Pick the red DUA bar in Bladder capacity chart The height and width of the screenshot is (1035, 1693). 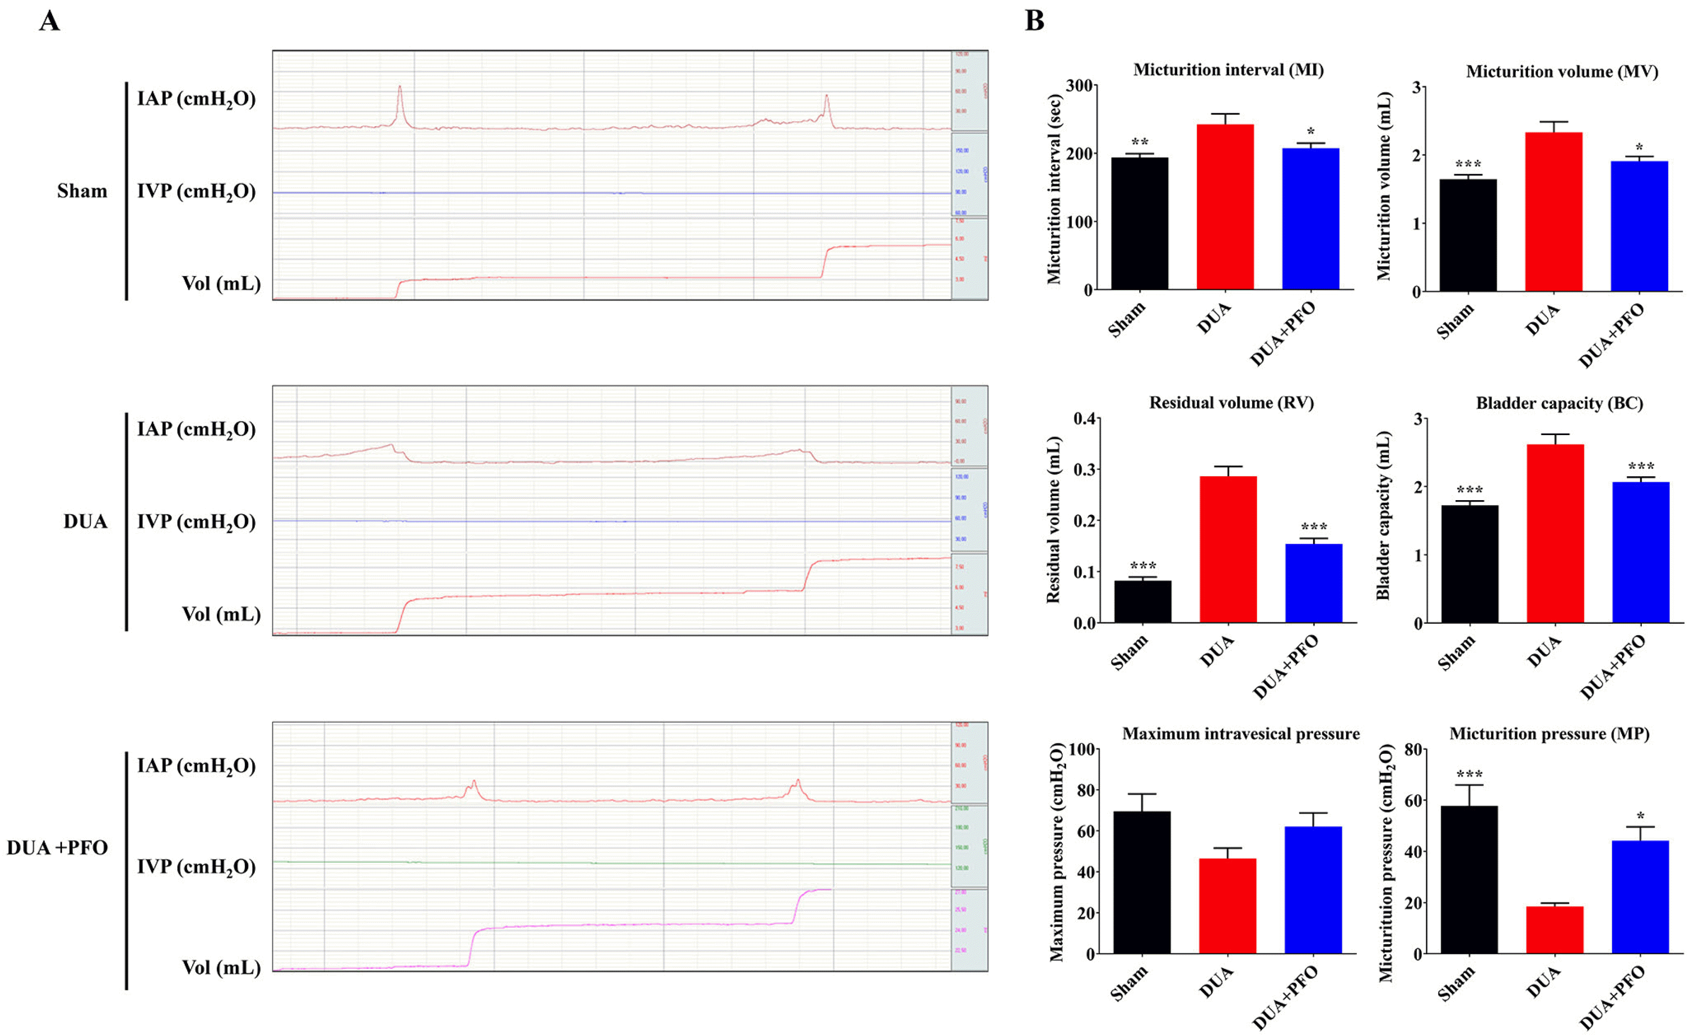click(x=1555, y=533)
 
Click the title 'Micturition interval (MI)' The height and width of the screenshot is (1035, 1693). click(x=1228, y=70)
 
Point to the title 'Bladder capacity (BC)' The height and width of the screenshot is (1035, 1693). click(x=1559, y=403)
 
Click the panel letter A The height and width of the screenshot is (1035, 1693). click(x=50, y=21)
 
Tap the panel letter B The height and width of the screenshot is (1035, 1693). click(x=1034, y=21)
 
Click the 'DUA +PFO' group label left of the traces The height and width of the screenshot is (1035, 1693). click(x=57, y=847)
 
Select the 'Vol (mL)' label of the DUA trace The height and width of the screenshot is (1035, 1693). click(x=220, y=614)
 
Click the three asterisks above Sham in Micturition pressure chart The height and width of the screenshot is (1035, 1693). click(x=1469, y=775)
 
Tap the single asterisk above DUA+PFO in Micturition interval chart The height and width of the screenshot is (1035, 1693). click(x=1310, y=131)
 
